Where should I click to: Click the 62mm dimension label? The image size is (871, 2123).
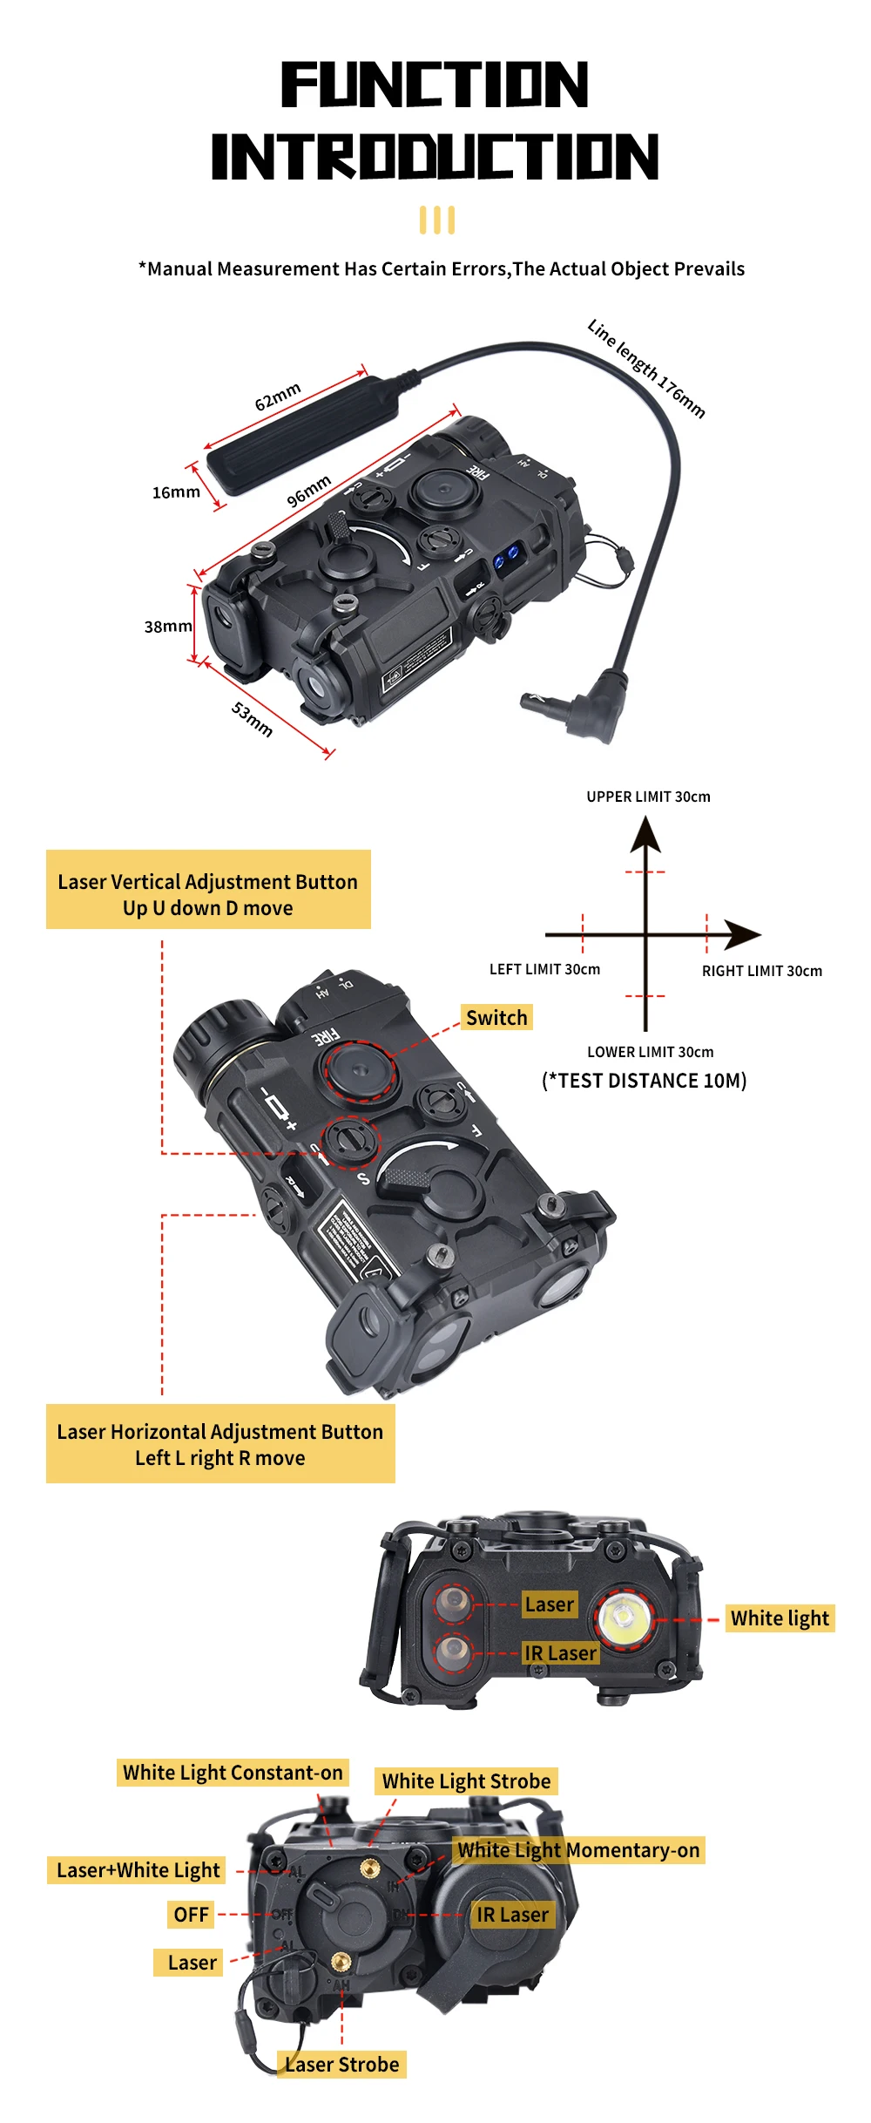[278, 396]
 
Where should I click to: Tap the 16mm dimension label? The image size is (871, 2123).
[176, 492]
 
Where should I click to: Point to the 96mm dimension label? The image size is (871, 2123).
[309, 491]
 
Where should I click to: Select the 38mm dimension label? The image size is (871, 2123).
[167, 626]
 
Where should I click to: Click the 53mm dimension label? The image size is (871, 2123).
[253, 719]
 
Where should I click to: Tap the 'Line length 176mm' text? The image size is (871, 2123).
[646, 368]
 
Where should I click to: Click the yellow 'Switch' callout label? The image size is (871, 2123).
[496, 1018]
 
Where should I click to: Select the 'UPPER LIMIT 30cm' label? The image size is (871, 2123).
[648, 797]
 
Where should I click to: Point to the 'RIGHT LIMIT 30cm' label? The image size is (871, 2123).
[762, 971]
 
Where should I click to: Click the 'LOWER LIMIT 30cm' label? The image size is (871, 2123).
[650, 1052]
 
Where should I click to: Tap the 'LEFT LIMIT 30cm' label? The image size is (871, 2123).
[544, 969]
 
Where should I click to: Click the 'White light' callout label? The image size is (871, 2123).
[780, 1618]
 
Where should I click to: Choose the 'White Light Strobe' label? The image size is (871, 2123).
[466, 1780]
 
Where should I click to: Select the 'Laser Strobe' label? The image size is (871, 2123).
[342, 2065]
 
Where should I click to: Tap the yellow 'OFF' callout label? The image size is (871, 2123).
[191, 1915]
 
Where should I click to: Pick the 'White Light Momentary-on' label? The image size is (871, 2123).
[579, 1849]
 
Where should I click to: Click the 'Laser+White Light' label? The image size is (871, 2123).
[138, 1870]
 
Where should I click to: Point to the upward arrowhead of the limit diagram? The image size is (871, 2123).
[645, 833]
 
